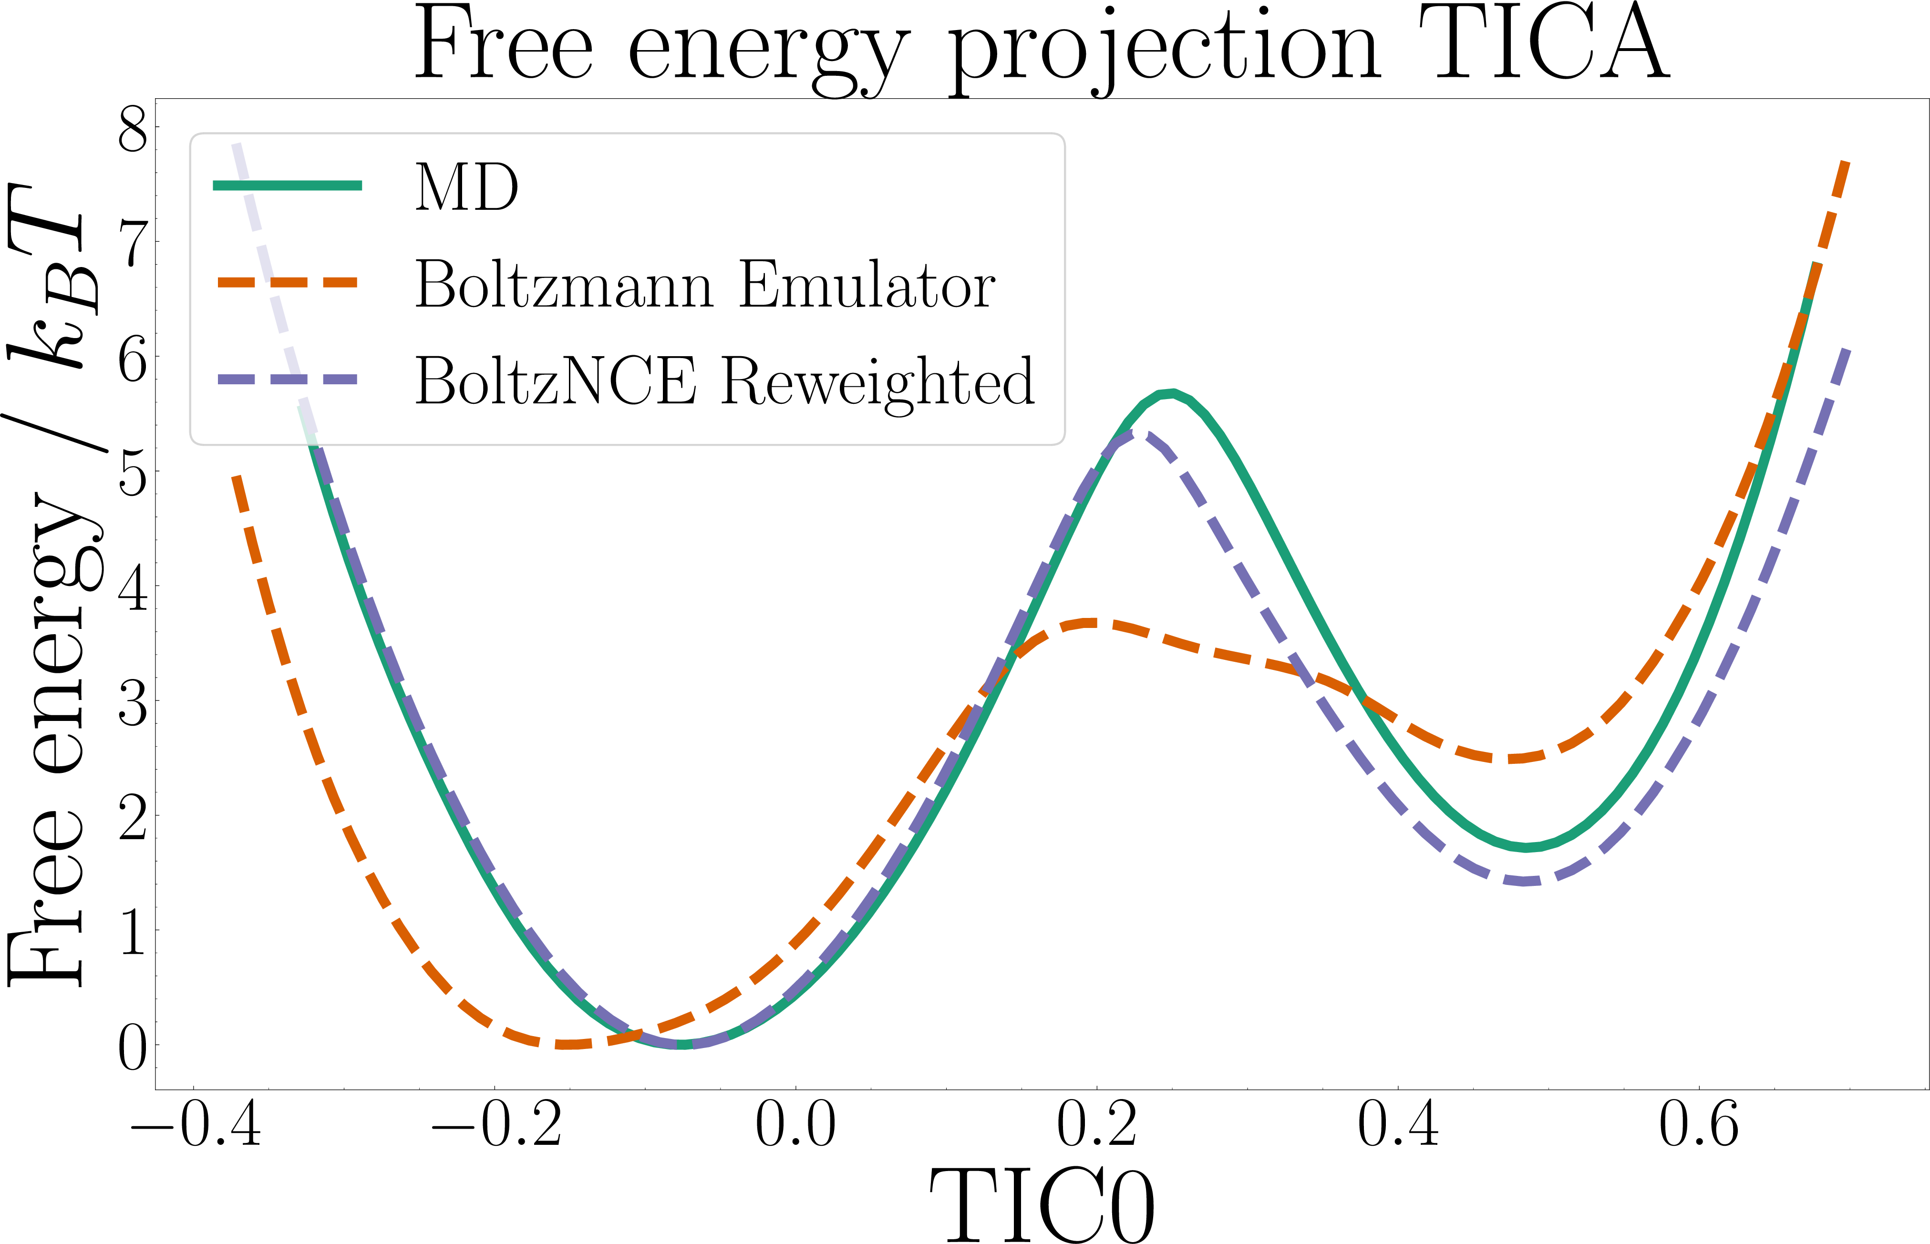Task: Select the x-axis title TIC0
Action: pyautogui.click(x=1042, y=1203)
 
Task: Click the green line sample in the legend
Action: pyautogui.click(x=287, y=186)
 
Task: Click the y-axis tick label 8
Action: pyautogui.click(x=134, y=129)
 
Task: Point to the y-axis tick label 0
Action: pyautogui.click(x=134, y=1049)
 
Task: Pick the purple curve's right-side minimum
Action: pyautogui.click(x=1525, y=881)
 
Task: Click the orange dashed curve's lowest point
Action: pyautogui.click(x=569, y=1045)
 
